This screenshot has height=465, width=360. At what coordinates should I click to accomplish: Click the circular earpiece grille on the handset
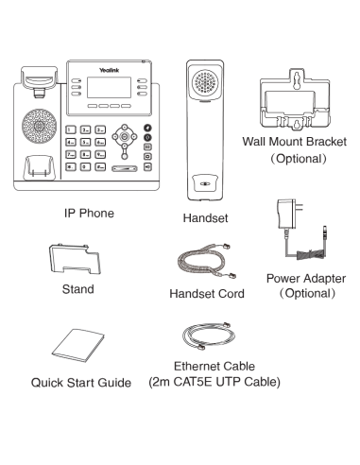[x=207, y=80]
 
